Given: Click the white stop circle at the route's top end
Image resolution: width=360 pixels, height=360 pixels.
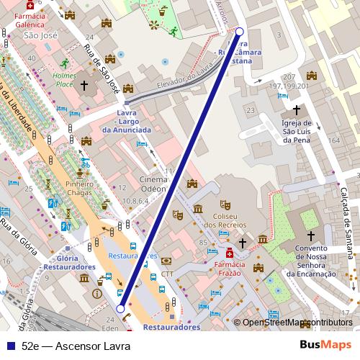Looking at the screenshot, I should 240,32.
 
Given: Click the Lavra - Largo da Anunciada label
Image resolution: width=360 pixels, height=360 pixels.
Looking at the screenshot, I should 127,124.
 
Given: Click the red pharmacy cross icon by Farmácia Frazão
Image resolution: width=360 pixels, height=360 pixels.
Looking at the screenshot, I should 230,253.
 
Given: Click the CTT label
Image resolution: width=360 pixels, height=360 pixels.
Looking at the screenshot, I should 167,274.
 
